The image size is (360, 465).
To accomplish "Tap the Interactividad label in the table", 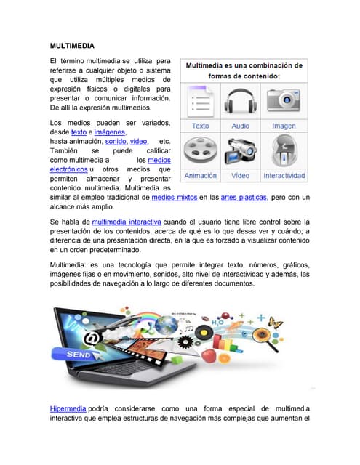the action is coord(284,176).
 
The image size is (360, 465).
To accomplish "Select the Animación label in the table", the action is coord(200,176).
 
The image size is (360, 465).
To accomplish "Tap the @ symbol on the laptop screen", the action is coord(92,336).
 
